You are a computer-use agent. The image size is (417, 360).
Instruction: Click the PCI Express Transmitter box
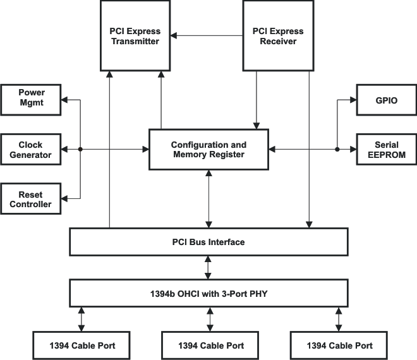[x=136, y=35]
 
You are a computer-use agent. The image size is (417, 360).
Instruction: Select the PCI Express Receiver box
[x=278, y=35]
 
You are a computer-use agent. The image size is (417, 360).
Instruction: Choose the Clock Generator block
[x=31, y=149]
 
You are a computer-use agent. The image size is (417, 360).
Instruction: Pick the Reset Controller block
[x=31, y=199]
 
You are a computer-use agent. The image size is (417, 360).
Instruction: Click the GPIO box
[x=387, y=100]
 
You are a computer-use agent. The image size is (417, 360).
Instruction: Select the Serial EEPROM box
[x=387, y=149]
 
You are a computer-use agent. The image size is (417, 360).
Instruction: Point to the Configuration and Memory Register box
[x=208, y=150]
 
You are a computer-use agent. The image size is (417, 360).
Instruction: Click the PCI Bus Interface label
[x=208, y=242]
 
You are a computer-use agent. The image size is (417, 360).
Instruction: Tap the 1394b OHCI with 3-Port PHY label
[x=208, y=292]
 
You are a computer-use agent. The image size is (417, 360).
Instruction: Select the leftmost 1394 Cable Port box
[x=82, y=345]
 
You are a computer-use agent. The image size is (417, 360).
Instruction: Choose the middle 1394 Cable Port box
[x=210, y=345]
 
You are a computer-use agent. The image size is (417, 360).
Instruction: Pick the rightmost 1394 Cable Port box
[x=339, y=345]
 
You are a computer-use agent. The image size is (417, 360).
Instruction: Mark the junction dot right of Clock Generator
[x=80, y=150]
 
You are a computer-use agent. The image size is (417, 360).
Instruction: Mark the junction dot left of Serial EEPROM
[x=337, y=150]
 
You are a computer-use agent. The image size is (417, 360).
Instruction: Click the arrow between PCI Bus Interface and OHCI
[x=208, y=267]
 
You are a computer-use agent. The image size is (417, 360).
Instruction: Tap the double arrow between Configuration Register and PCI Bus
[x=208, y=199]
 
